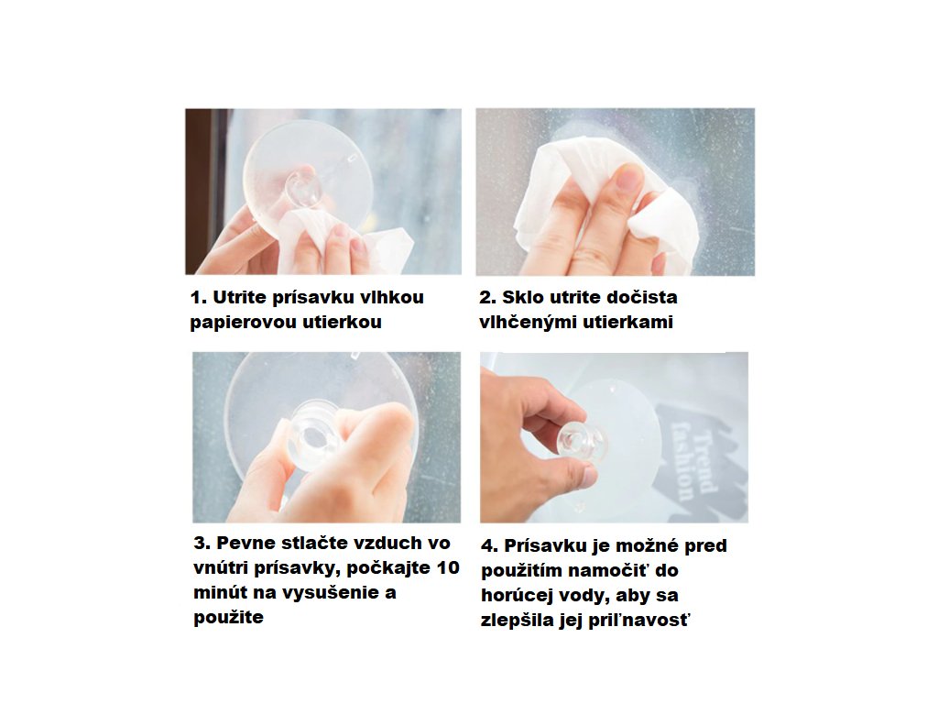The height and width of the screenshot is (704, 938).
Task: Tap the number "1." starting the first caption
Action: tap(199, 298)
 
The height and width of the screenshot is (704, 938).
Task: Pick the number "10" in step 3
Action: tap(447, 567)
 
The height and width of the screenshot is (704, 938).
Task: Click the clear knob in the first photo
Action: tap(303, 189)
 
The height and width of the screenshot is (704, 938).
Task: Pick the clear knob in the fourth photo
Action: tap(577, 441)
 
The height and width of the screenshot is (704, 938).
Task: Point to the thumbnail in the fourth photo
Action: tap(588, 477)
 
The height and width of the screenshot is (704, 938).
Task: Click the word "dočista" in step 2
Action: tap(640, 298)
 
